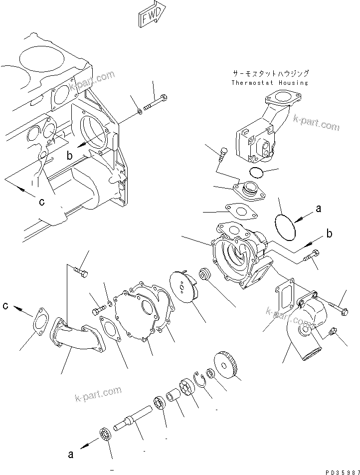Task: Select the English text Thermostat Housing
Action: (269, 83)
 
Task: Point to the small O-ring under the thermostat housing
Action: (257, 173)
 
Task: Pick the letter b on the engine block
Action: (70, 155)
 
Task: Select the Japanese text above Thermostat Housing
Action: (270, 73)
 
